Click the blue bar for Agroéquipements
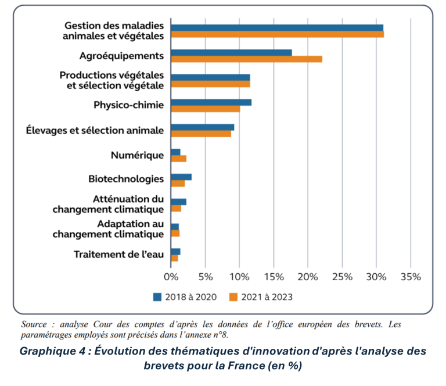pyautogui.click(x=231, y=53)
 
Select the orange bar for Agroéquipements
pyautogui.click(x=246, y=59)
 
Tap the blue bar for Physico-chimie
pyautogui.click(x=211, y=102)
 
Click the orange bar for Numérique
pyautogui.click(x=178, y=159)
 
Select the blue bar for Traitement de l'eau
pyautogui.click(x=175, y=252)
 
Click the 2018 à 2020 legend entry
pyautogui.click(x=185, y=297)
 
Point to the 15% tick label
pyautogui.click(x=274, y=277)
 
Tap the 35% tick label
pyautogui.click(x=411, y=277)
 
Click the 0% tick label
pyautogui.click(x=171, y=277)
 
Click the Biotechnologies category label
pyautogui.click(x=125, y=178)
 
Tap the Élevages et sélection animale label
pyautogui.click(x=95, y=130)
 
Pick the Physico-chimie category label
pyautogui.click(x=128, y=105)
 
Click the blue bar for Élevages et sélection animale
pyautogui.click(x=202, y=127)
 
